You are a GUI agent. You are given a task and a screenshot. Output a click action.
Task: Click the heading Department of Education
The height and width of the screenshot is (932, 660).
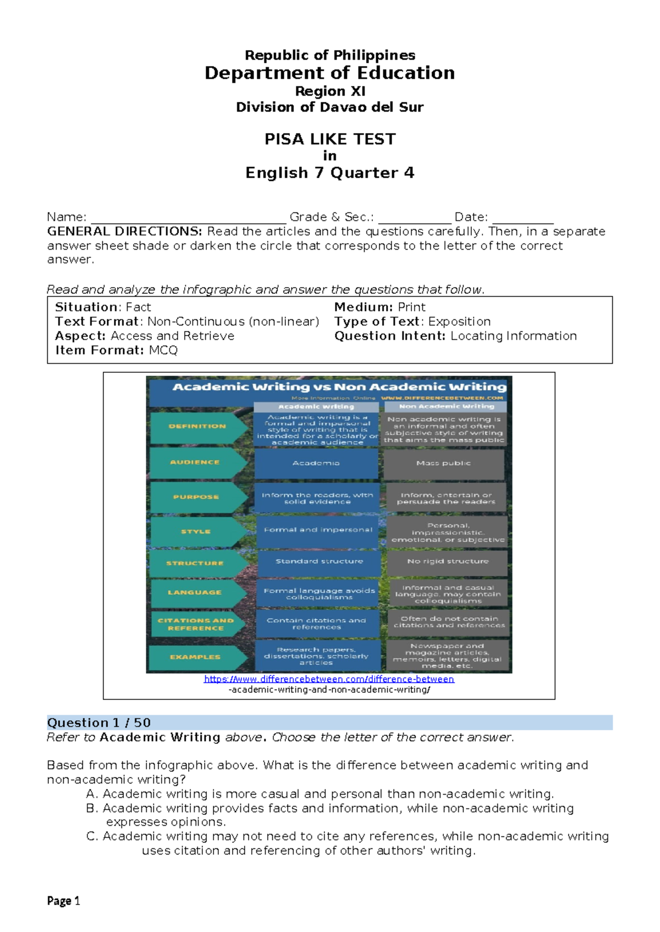click(329, 73)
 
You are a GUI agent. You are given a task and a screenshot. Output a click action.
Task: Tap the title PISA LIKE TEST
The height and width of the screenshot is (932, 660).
click(329, 139)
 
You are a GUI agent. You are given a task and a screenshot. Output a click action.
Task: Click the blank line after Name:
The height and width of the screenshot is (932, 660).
click(188, 218)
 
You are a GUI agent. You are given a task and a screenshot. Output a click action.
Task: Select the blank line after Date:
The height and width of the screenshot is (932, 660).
click(522, 218)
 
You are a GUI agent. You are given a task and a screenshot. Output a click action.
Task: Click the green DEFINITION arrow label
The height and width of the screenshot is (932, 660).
click(197, 427)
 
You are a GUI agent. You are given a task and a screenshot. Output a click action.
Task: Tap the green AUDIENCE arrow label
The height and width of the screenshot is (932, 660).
click(195, 462)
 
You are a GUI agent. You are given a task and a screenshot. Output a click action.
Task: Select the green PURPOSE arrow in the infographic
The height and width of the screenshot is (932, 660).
click(196, 497)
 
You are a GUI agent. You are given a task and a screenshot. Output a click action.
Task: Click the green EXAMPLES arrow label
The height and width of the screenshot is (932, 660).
click(195, 657)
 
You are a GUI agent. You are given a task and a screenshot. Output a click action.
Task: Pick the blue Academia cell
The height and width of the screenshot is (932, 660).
click(316, 464)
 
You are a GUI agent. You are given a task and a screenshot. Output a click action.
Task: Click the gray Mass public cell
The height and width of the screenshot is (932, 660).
click(444, 464)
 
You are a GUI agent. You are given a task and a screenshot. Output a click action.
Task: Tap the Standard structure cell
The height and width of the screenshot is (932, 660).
click(319, 561)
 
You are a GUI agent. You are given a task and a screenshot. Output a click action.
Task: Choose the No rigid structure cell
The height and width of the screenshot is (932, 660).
click(448, 561)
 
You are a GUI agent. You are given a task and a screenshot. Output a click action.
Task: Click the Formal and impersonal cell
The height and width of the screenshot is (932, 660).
click(318, 530)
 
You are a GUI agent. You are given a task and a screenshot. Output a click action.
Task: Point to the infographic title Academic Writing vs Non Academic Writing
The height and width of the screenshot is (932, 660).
click(339, 387)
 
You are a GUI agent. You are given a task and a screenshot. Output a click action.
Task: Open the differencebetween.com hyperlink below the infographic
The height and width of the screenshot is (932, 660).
click(329, 680)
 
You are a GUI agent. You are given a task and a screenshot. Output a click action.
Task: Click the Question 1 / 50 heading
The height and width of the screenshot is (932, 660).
click(99, 723)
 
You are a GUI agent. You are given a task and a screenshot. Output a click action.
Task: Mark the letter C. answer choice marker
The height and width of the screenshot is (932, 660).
click(92, 836)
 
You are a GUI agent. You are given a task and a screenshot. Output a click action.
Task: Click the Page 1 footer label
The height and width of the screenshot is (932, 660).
click(64, 901)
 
